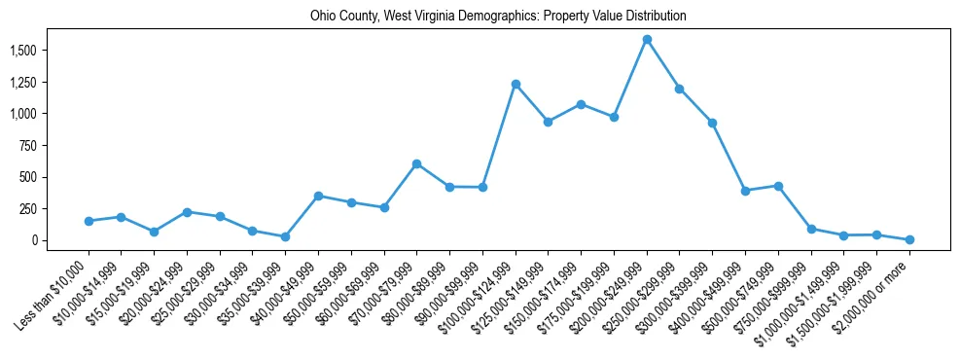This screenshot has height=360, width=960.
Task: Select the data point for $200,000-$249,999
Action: click(647, 40)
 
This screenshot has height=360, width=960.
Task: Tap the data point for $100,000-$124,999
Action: click(516, 84)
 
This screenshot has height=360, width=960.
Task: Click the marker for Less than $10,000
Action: click(89, 221)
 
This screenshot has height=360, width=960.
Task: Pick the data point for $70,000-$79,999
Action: click(416, 163)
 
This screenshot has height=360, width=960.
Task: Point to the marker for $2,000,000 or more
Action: click(909, 239)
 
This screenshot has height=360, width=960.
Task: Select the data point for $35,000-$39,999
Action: click(285, 236)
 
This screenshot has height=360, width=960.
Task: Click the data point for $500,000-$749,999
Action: click(778, 186)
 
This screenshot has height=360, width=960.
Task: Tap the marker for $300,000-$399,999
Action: click(712, 123)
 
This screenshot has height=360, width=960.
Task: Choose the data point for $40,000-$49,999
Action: click(318, 196)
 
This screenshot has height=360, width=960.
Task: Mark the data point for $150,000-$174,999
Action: click(581, 104)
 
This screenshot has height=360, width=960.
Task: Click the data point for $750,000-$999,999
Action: click(811, 229)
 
